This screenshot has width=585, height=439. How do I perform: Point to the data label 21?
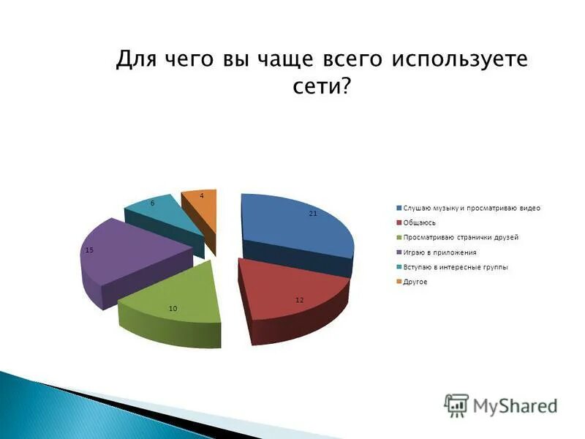(x=312, y=213)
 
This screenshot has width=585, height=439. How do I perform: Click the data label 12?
(x=299, y=300)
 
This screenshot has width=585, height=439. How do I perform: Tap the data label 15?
(x=89, y=250)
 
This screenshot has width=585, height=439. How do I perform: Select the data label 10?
(x=173, y=308)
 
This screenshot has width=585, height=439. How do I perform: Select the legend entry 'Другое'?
(x=415, y=282)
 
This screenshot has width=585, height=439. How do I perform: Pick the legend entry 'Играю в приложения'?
(x=439, y=252)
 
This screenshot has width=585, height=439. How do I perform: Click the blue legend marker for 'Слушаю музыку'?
(x=399, y=208)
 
